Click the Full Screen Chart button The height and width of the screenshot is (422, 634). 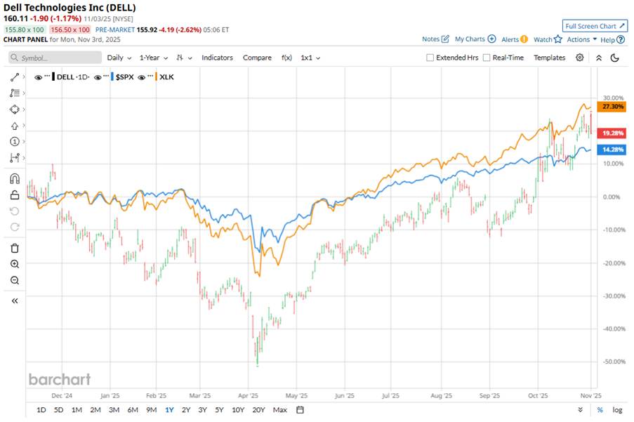pos(595,26)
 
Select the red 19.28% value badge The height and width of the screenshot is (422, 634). pos(607,133)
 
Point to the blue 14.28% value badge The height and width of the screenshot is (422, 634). pos(607,150)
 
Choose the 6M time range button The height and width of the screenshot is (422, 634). pos(132,409)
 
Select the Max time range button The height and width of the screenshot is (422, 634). pos(279,409)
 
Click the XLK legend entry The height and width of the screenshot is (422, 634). pos(166,76)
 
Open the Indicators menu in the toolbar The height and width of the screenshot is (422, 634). pos(217,58)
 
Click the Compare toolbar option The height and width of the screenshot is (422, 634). pos(257,58)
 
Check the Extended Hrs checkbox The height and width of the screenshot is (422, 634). pos(430,58)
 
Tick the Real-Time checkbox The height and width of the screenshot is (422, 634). pos(487,58)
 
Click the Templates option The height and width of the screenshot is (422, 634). pos(549,58)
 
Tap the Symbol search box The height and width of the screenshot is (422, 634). pos(53,58)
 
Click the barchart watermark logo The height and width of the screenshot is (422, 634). pos(60,379)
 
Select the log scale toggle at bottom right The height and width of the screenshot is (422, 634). pos(617,409)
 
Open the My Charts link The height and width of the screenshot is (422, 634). pos(475,39)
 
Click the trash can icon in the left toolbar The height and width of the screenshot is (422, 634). pos(15,248)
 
